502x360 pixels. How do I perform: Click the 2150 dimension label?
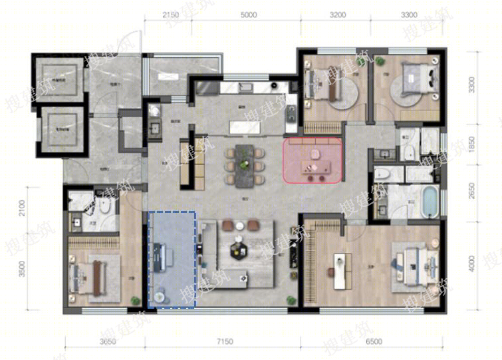point(171,14)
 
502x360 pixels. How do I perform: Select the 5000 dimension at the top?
point(249,14)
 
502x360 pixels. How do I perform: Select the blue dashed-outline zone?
point(172,260)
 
